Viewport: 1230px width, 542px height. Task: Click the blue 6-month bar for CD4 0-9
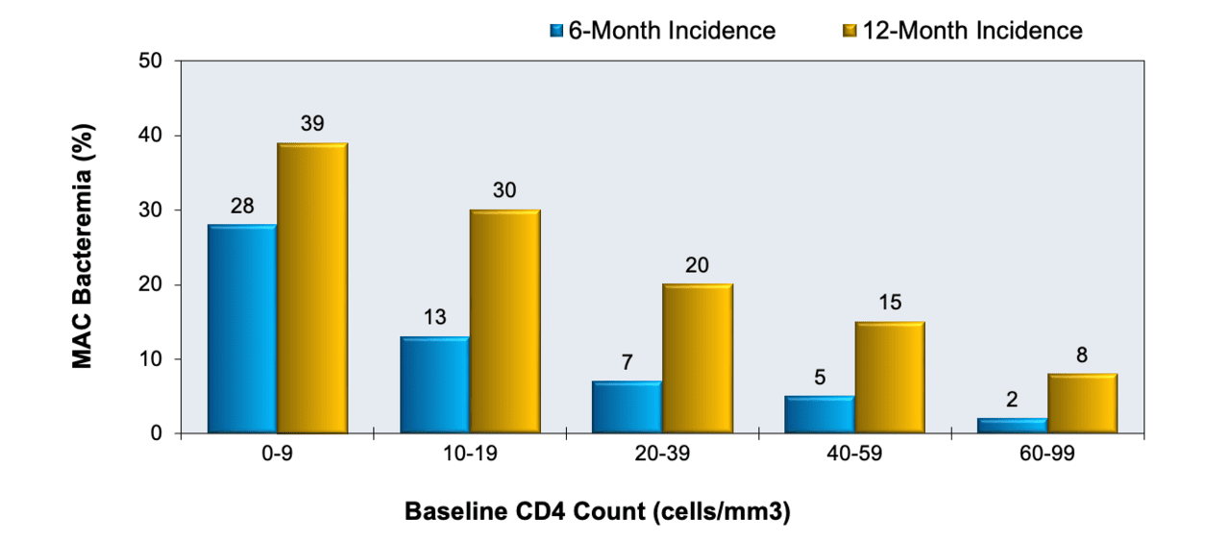[x=242, y=329]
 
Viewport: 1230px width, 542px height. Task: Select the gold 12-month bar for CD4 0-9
[x=312, y=288]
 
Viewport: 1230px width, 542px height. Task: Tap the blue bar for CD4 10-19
[x=434, y=384]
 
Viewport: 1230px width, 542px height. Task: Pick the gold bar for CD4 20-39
[x=697, y=358]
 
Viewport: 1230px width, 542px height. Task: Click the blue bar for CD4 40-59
[x=819, y=414]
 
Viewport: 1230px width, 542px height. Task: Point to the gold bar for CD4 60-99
[x=1081, y=404]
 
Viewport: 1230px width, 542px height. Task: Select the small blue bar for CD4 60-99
[x=1011, y=426]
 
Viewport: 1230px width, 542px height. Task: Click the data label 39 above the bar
[x=312, y=123]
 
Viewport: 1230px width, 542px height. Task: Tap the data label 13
[x=434, y=317]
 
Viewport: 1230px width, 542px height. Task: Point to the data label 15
[x=889, y=302]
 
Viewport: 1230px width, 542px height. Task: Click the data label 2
[x=1011, y=399]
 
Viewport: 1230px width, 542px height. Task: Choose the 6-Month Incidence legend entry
[x=663, y=31]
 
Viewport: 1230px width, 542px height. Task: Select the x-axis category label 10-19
[x=469, y=456]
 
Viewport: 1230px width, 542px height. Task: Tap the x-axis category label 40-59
[x=854, y=456]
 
